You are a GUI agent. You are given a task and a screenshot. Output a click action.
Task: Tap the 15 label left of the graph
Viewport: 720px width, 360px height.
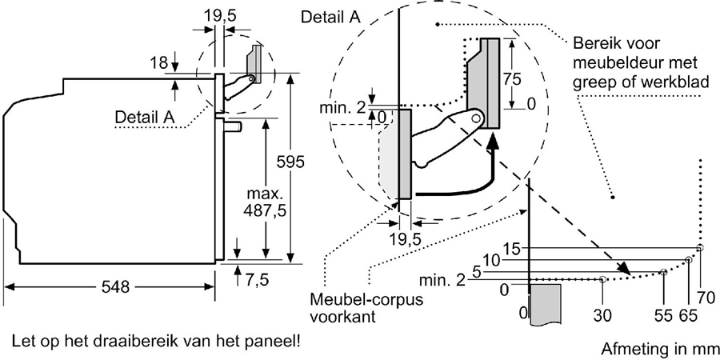(512, 249)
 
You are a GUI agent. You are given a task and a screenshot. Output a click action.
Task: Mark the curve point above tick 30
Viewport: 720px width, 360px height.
(602, 279)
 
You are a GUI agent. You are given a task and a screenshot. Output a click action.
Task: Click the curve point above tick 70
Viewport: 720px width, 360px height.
(700, 249)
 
